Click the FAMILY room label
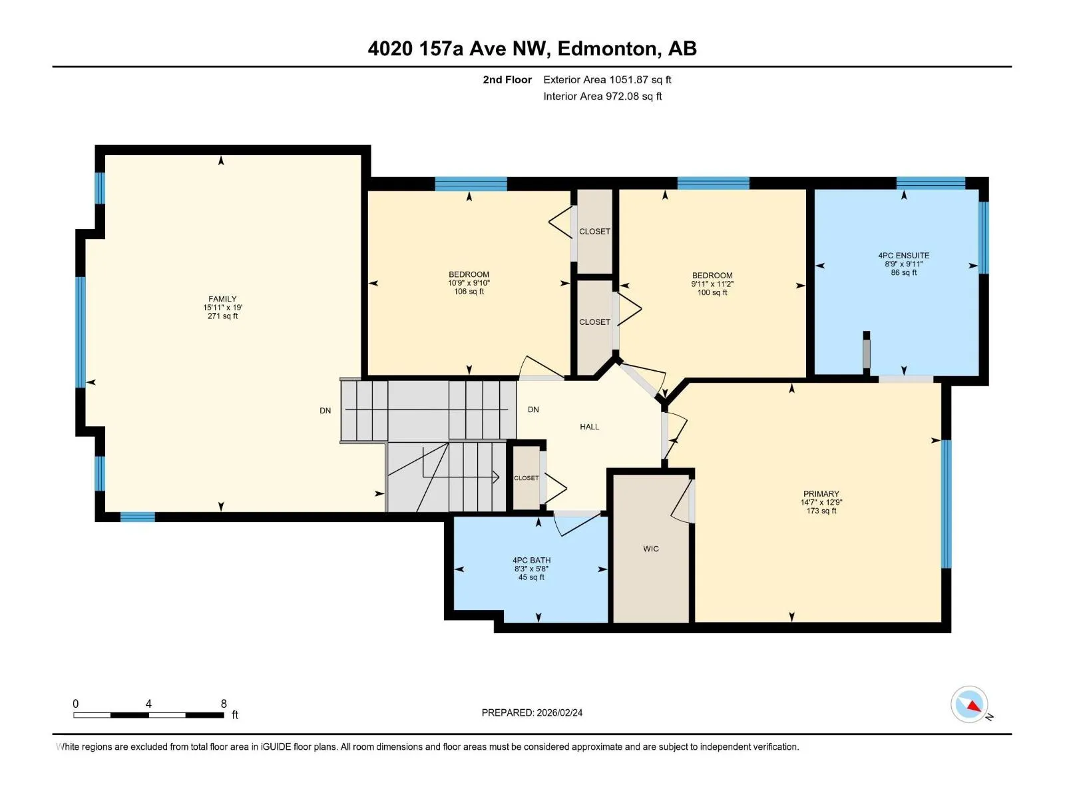pyautogui.click(x=222, y=299)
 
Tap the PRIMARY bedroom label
pyautogui.click(x=821, y=493)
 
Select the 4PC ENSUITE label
pyautogui.click(x=903, y=255)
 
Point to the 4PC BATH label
pyautogui.click(x=531, y=560)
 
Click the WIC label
pyautogui.click(x=650, y=549)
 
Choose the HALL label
pyautogui.click(x=589, y=427)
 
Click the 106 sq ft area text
pyautogui.click(x=469, y=292)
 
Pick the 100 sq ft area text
pyautogui.click(x=712, y=292)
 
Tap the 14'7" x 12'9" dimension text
pyautogui.click(x=821, y=502)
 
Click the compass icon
pyautogui.click(x=969, y=704)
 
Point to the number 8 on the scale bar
pyautogui.click(x=224, y=703)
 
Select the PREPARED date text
pyautogui.click(x=532, y=712)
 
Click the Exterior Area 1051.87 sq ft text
pyautogui.click(x=607, y=79)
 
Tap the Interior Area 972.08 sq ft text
pyautogui.click(x=602, y=96)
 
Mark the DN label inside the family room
pyautogui.click(x=325, y=410)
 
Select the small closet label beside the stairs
pyautogui.click(x=526, y=478)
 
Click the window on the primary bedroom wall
pyautogui.click(x=946, y=503)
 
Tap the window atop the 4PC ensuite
pyautogui.click(x=931, y=183)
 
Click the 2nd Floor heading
pyautogui.click(x=507, y=79)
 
